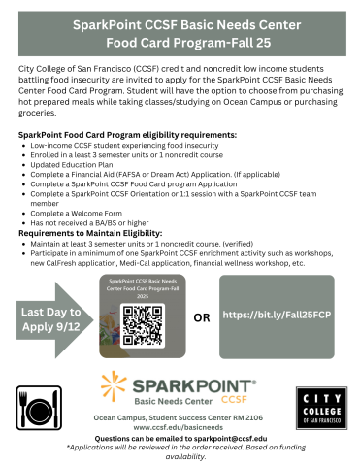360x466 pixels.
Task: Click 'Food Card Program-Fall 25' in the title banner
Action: (x=180, y=40)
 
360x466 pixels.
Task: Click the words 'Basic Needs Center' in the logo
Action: (x=171, y=399)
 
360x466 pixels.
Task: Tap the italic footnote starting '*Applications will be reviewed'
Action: (x=180, y=448)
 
